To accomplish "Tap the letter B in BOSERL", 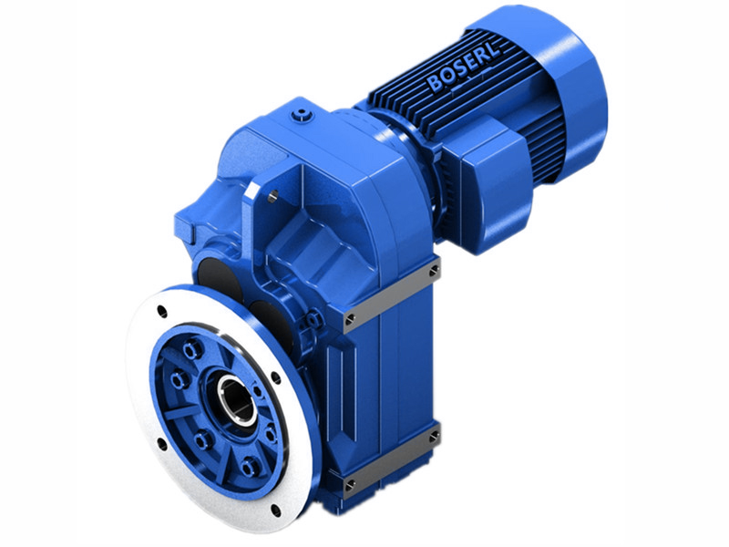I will click(x=432, y=87).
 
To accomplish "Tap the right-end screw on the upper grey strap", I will click(x=434, y=273).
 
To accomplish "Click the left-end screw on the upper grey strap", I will click(x=348, y=319).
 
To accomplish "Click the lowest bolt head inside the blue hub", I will click(x=250, y=467).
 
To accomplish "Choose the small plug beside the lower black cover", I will click(x=313, y=320).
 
